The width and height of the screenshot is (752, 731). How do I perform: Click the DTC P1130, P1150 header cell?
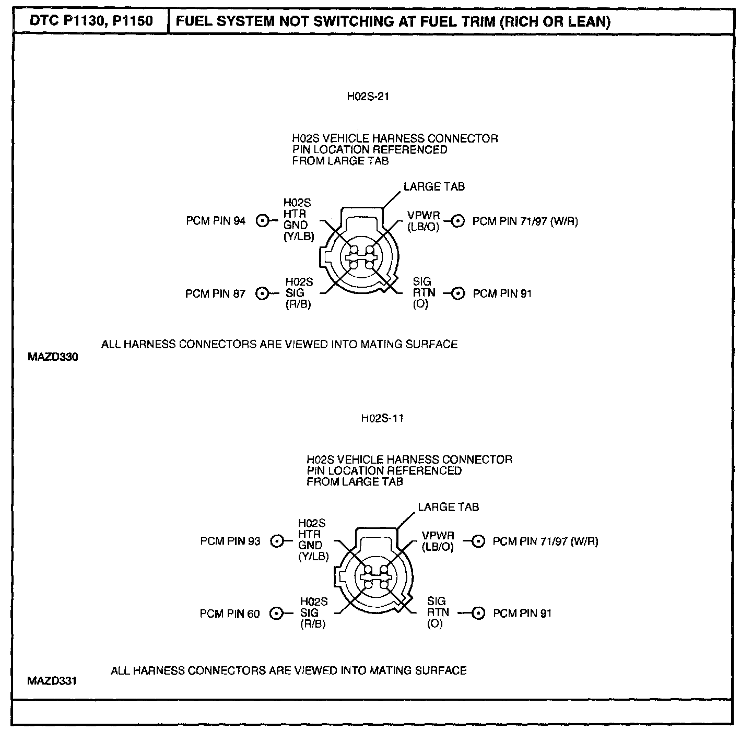pos(91,21)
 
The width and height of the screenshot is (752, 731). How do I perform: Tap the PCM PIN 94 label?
pos(216,221)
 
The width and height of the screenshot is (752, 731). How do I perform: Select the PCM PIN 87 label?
pos(215,293)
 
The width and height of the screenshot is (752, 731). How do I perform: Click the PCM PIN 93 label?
pos(230,541)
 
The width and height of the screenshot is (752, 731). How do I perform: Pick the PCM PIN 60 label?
pos(230,614)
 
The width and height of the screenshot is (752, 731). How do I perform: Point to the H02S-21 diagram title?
pos(368,96)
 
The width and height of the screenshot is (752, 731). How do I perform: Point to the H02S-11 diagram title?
pos(382,418)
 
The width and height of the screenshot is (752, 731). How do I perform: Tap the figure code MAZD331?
pos(52,681)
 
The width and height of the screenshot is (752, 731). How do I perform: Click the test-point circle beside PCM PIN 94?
pos(262,221)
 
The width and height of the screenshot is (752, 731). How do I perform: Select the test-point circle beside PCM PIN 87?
pos(262,293)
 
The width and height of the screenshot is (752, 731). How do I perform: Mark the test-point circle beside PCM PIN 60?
pos(276,614)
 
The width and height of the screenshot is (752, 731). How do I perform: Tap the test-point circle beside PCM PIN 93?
pos(277,541)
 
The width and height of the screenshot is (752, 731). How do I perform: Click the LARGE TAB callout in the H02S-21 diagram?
pos(434,186)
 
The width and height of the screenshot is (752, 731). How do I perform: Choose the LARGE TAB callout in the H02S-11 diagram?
pos(448,507)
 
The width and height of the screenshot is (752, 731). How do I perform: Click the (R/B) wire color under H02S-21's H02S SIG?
pos(298,304)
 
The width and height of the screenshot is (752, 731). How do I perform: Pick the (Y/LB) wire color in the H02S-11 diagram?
pos(313,557)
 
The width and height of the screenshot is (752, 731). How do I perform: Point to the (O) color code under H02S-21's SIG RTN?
pos(420,304)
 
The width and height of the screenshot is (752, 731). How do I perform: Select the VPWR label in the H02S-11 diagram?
pos(438,536)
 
